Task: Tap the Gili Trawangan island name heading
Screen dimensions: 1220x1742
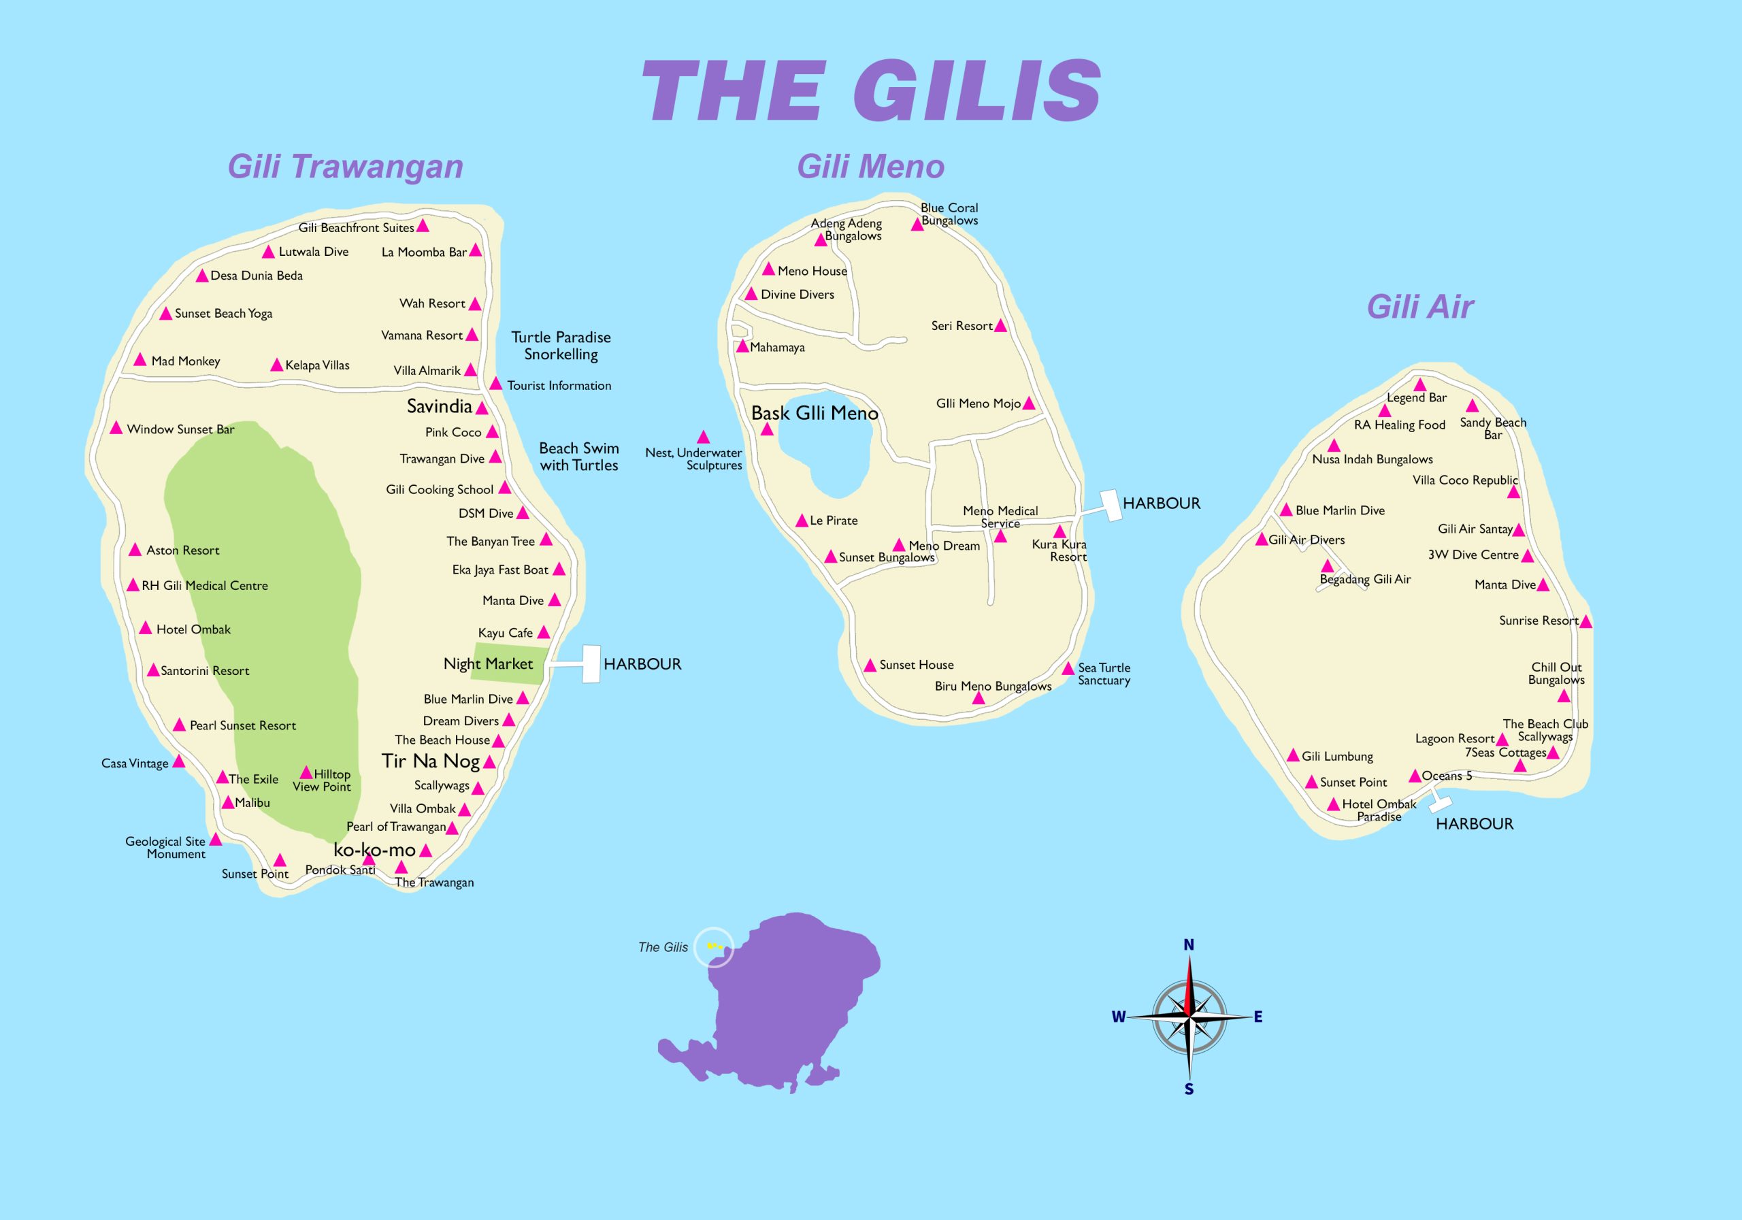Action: coord(345,167)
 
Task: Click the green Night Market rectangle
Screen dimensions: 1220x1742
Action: coord(508,663)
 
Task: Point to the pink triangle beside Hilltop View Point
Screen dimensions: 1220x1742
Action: coord(306,773)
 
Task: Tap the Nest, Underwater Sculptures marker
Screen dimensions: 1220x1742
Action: coord(704,437)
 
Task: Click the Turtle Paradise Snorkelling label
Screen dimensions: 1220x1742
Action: coord(561,346)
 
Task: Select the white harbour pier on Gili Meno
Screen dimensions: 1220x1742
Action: coord(1111,506)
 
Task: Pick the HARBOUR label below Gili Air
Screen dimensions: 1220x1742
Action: coord(1474,824)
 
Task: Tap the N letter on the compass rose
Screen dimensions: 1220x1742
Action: coord(1189,945)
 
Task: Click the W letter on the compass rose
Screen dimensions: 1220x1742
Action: coord(1118,1017)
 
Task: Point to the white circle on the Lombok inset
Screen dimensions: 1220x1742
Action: coord(714,947)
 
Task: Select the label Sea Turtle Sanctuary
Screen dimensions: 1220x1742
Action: coord(1104,674)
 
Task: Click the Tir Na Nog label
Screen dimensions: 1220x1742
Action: coord(430,761)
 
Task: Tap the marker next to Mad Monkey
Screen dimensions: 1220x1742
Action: coord(139,360)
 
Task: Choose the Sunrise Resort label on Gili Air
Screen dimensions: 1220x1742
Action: coord(1538,621)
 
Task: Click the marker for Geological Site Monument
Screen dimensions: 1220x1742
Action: coord(216,839)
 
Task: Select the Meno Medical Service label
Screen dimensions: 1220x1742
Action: coord(1000,516)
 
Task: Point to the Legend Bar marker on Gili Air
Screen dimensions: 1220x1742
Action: coord(1419,384)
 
